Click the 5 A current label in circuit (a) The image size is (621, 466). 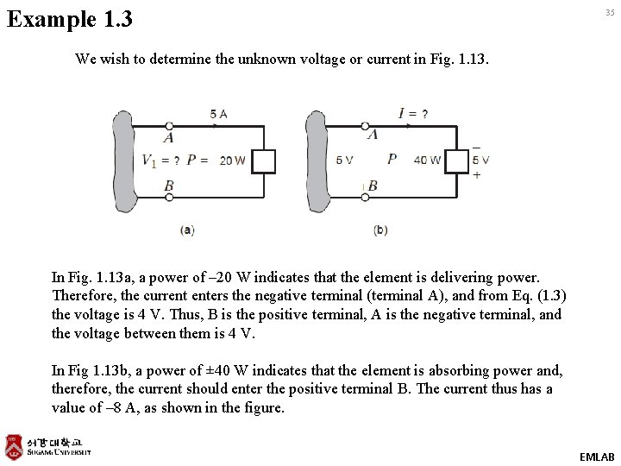pos(218,114)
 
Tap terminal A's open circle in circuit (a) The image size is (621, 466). pos(169,126)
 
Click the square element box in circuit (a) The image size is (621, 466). pos(263,161)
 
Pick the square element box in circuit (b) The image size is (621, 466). pos(457,161)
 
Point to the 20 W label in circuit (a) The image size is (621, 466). pos(232,161)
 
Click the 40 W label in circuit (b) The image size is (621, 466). pos(427,161)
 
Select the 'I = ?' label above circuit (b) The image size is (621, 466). pos(413,114)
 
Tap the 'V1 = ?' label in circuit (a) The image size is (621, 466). pos(160,161)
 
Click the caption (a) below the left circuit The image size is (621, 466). pos(187,230)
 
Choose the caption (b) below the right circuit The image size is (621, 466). pos(380,230)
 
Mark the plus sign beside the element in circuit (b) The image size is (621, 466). pos(477,174)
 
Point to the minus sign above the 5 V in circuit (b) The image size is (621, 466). pos(477,146)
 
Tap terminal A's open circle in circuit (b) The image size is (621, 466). pos(365,126)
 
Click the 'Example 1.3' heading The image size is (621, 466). pos(70,18)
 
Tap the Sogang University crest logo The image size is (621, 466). pos(14,446)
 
